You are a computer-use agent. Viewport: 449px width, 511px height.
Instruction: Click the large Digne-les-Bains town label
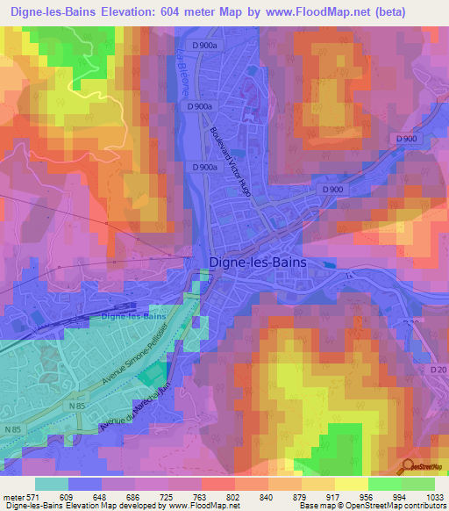[x=268, y=261]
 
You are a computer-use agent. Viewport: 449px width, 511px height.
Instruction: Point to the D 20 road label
[x=438, y=371]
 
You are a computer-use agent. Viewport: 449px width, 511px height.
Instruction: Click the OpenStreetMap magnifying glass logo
[x=410, y=466]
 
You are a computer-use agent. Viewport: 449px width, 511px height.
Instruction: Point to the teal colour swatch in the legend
[x=52, y=484]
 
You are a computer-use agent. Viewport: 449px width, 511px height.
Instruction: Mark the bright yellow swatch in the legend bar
[x=352, y=484]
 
